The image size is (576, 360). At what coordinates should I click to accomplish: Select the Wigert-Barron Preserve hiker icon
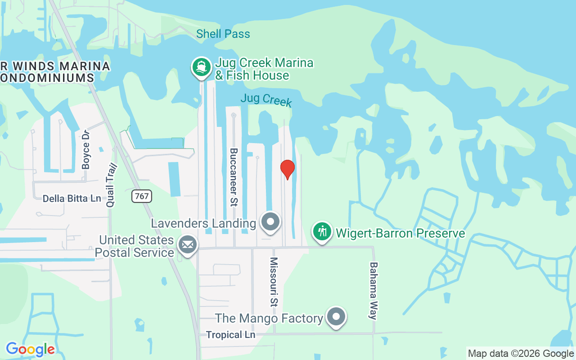click(x=322, y=232)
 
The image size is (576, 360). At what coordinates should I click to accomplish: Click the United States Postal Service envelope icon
click(x=187, y=245)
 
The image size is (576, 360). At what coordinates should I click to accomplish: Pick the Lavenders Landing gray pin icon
click(x=270, y=222)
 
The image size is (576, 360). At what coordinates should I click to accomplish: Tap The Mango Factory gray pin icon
click(x=336, y=317)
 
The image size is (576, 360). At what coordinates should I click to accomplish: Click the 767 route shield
click(x=142, y=196)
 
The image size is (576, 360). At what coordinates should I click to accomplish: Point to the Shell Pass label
click(x=223, y=34)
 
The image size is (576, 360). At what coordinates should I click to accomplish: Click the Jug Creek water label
click(x=266, y=99)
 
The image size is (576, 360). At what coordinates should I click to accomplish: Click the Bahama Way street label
click(x=373, y=290)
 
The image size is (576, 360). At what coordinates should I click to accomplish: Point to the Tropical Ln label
click(x=230, y=335)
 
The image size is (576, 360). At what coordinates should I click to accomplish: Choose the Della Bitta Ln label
click(x=72, y=198)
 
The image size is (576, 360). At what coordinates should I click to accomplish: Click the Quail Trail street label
click(x=111, y=185)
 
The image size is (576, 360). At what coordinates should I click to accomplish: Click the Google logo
click(x=30, y=349)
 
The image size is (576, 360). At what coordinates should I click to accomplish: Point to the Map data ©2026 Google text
click(x=521, y=354)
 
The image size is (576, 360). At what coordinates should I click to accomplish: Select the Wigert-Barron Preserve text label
click(x=400, y=233)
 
